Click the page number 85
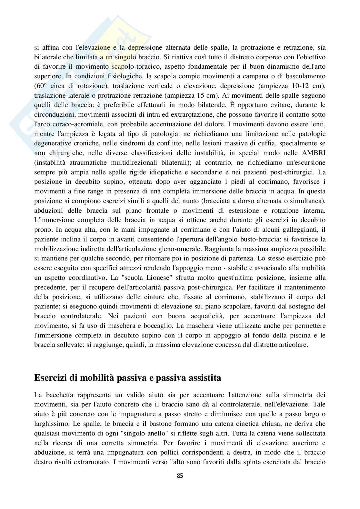[x=180, y=475]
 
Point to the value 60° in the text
[x=40, y=86]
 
